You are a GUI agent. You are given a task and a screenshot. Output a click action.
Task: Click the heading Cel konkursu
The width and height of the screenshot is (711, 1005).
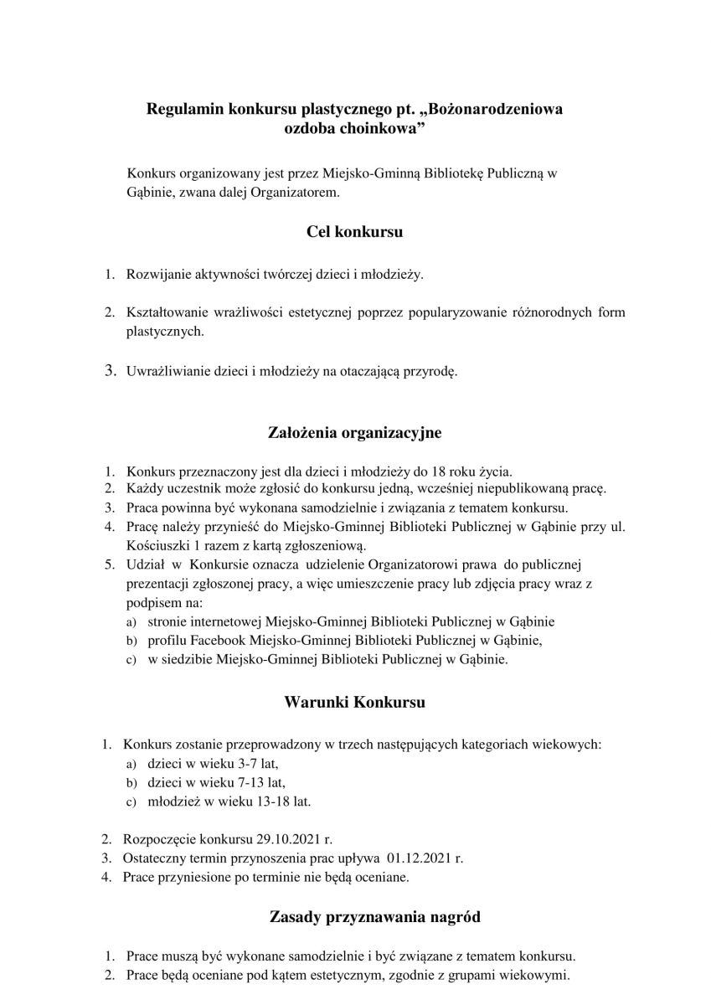pyautogui.click(x=355, y=231)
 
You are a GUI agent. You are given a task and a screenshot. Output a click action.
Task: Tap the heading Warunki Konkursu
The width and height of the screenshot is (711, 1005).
pyautogui.click(x=355, y=702)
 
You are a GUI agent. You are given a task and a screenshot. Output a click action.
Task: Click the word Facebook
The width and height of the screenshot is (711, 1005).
pyautogui.click(x=193, y=641)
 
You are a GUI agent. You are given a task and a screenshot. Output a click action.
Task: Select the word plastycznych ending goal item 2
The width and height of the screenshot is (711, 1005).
pyautogui.click(x=164, y=332)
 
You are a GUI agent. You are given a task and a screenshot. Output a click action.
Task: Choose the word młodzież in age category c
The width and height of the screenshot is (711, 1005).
pyautogui.click(x=173, y=801)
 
